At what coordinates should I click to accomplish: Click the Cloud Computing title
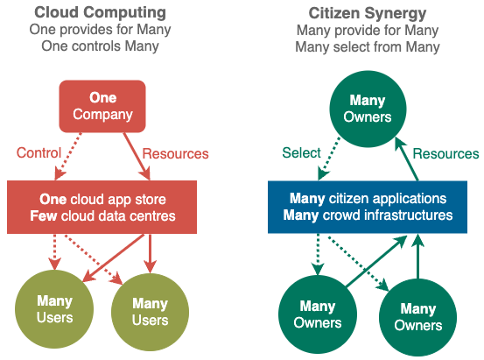click(x=100, y=13)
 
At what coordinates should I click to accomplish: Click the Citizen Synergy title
click(x=368, y=14)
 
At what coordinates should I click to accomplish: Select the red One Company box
click(x=102, y=106)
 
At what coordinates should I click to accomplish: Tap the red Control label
click(x=39, y=153)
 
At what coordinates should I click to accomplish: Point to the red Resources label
click(x=175, y=153)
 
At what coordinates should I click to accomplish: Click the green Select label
click(x=301, y=153)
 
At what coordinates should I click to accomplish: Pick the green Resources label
click(x=445, y=153)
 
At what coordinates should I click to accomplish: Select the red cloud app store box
click(x=102, y=207)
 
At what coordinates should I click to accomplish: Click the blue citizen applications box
click(x=368, y=207)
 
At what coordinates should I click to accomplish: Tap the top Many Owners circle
click(x=368, y=109)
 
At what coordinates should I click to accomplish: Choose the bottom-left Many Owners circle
click(x=318, y=314)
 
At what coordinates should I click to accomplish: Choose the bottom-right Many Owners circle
click(x=418, y=317)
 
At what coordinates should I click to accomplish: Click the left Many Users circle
click(x=54, y=309)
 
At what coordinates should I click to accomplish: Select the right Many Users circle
click(x=150, y=312)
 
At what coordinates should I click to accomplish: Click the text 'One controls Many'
click(x=100, y=46)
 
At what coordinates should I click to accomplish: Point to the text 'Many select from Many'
click(x=368, y=47)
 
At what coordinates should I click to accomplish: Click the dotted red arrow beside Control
click(x=68, y=157)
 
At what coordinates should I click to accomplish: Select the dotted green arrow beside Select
click(x=329, y=159)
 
